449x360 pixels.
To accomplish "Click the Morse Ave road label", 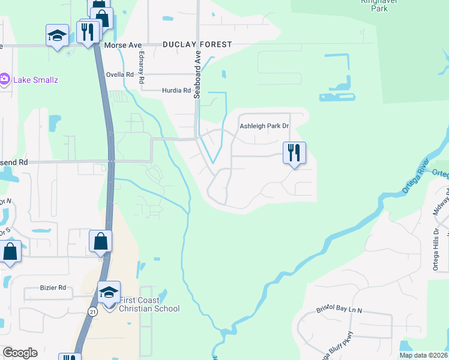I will point(122,45).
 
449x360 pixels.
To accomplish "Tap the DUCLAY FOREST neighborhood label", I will point(196,45).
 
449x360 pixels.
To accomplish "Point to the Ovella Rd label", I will point(119,75).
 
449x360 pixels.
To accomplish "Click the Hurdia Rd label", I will point(176,91).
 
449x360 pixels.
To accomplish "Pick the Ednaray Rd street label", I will point(142,66).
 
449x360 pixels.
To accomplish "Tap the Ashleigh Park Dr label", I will point(264,126).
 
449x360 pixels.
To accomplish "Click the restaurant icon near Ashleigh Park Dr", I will point(294,152).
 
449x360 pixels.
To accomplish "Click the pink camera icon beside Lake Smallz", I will point(4,79).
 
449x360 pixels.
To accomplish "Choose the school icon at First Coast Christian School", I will point(109,292).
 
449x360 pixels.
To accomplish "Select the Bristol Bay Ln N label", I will point(344,310).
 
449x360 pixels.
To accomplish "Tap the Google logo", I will point(19,353).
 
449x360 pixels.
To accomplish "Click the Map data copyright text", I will point(423,355).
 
